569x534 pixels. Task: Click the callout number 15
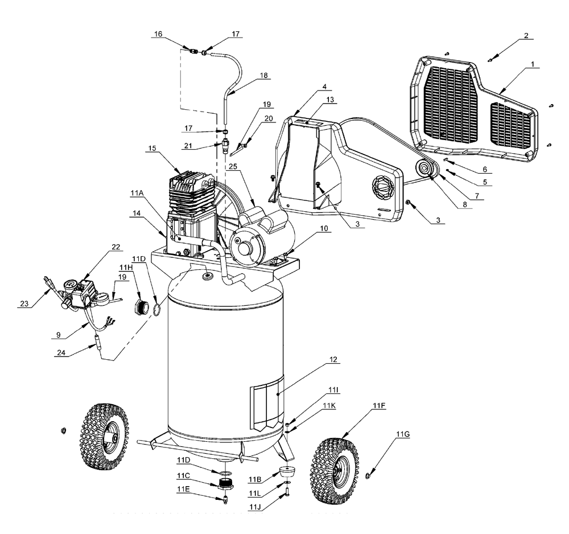coord(152,148)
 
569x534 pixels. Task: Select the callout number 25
coord(233,166)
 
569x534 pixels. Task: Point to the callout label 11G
coord(403,434)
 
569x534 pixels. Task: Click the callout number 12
coord(333,359)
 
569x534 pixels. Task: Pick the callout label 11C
coord(183,475)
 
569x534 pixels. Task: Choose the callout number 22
coord(116,247)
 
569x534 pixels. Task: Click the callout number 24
coord(61,353)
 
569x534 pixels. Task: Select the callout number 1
coord(533,64)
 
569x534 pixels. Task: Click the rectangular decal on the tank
coord(267,402)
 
